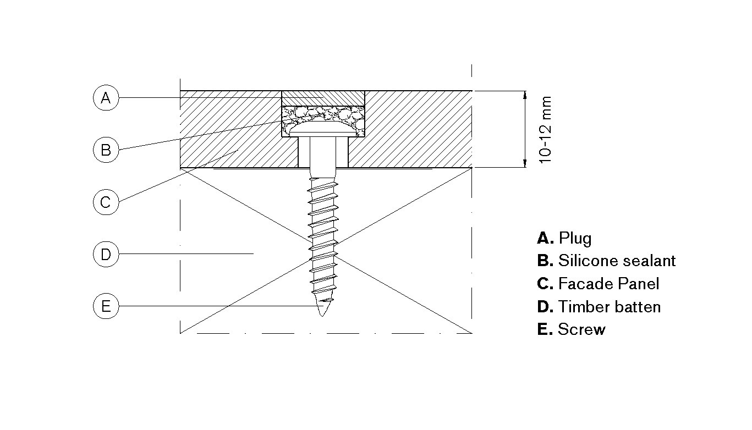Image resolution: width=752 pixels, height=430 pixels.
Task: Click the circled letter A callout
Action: point(106,98)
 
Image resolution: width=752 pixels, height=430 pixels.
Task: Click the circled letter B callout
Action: point(106,150)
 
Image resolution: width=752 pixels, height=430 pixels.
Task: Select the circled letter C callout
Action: point(106,202)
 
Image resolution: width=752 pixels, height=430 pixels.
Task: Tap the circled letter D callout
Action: point(106,254)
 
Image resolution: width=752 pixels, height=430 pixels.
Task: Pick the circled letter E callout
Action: point(106,306)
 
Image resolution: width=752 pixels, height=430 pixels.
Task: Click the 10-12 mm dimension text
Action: point(545,129)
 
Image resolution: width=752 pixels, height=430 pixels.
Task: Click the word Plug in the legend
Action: point(575,238)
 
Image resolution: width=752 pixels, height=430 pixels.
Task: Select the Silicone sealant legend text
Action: point(617,261)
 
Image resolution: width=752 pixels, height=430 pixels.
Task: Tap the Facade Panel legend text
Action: point(608,284)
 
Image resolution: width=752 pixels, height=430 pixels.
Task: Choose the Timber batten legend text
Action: point(609,307)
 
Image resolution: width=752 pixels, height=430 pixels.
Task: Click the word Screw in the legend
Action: point(581,329)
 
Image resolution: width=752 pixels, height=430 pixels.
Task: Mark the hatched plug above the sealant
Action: point(322,98)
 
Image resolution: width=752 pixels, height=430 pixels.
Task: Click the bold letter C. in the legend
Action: point(545,284)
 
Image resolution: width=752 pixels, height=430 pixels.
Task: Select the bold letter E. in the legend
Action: point(544,329)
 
